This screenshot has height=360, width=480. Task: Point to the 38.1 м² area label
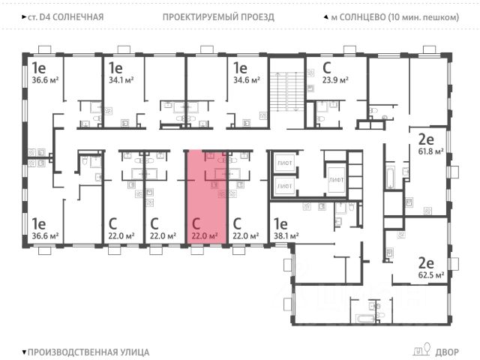[x=286, y=235]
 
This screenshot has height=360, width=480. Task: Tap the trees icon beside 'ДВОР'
[x=420, y=349]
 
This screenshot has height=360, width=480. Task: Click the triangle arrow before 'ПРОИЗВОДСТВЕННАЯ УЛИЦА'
[x=25, y=351]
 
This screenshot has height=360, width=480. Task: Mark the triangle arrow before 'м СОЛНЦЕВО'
[x=325, y=16]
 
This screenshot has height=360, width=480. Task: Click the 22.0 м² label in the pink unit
[x=204, y=235]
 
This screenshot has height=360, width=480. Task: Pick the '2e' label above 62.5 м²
[x=426, y=262]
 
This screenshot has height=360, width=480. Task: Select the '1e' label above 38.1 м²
[x=280, y=223]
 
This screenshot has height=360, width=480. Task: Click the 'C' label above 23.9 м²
[x=327, y=67]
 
